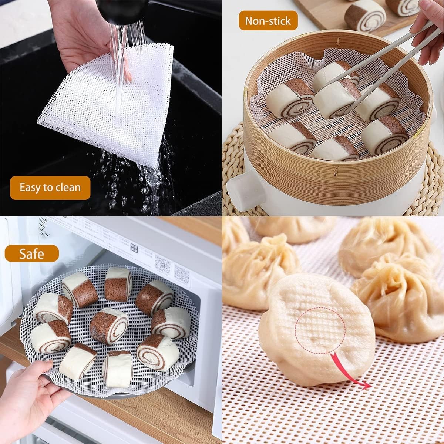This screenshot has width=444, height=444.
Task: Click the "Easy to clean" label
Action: [50, 188]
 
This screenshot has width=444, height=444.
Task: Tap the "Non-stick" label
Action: [268, 21]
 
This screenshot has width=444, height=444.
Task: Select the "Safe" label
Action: [32, 254]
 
